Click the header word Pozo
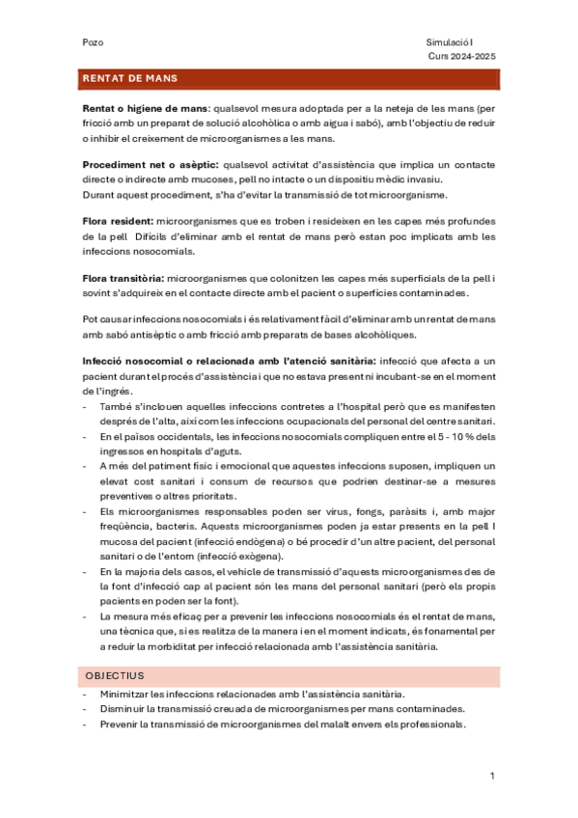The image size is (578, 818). point(94,42)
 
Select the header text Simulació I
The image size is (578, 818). point(450,42)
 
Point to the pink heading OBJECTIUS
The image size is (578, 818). point(114,676)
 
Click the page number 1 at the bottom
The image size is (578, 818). point(492,776)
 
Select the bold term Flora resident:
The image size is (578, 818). point(118,223)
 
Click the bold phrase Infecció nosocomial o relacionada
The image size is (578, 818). point(161,361)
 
